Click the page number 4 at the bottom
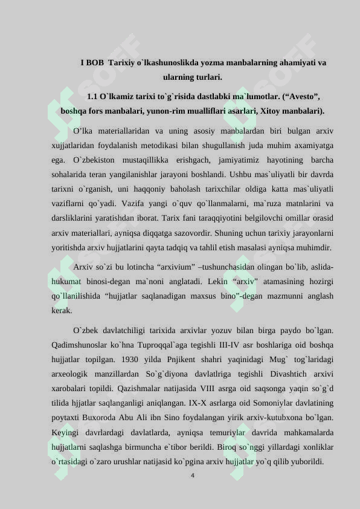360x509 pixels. [x=192, y=476]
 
